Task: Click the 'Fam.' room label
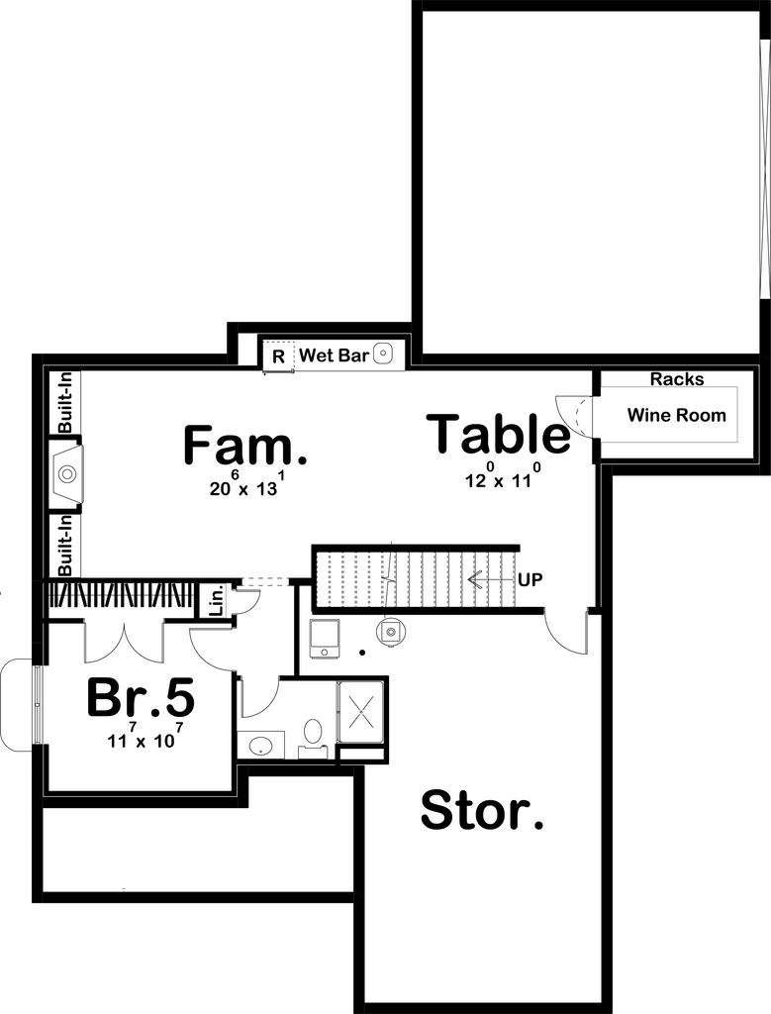[x=244, y=446]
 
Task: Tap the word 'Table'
[x=499, y=436]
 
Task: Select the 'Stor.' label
[x=482, y=811]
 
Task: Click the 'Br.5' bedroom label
[x=140, y=698]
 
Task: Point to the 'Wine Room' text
[x=676, y=415]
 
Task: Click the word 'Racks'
[x=677, y=379]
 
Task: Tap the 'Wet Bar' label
[x=334, y=355]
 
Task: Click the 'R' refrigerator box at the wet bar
[x=278, y=355]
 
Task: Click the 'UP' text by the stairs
[x=530, y=579]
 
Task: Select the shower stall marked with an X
[x=361, y=711]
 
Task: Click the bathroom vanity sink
[x=261, y=745]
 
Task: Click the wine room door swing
[x=574, y=415]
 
